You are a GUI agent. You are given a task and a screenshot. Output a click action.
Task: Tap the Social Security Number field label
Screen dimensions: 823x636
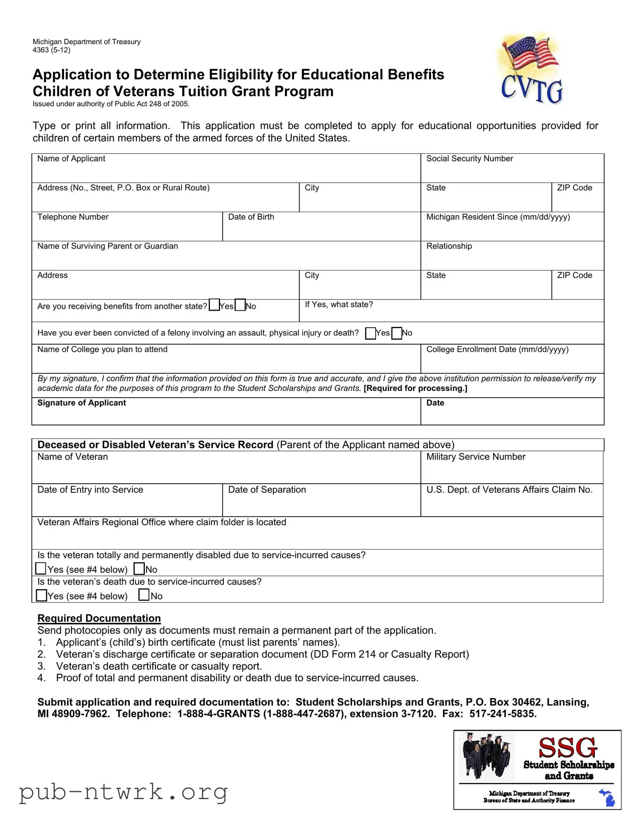[469, 159]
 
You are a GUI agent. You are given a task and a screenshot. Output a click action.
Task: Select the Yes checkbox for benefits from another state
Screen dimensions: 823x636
[214, 304]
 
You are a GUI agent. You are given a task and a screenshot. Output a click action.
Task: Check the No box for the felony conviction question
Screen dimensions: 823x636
[396, 333]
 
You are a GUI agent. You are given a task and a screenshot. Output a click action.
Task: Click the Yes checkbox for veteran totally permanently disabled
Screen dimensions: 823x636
[41, 568]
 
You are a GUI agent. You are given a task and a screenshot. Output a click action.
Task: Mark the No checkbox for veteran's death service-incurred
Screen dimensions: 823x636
[144, 595]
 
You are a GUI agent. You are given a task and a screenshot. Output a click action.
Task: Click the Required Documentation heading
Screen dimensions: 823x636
[99, 618]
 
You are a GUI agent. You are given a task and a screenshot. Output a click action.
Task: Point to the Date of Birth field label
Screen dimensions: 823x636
[251, 217]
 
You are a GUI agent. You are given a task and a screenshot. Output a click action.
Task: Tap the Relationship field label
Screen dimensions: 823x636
[449, 246]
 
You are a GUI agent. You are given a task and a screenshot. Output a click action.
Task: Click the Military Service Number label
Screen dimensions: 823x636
[475, 457]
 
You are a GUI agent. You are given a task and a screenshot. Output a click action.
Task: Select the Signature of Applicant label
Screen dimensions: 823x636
[81, 403]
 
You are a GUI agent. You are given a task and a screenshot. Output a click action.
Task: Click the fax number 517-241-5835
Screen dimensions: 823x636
[502, 714]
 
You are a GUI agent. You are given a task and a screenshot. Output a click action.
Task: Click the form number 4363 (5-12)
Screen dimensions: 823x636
[51, 50]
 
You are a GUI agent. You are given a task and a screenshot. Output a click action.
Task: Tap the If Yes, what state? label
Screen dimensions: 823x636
[338, 304]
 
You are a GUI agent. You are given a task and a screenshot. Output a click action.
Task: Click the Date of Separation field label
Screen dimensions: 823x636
[267, 489]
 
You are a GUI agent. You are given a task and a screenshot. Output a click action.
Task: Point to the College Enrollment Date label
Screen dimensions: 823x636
[497, 349]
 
